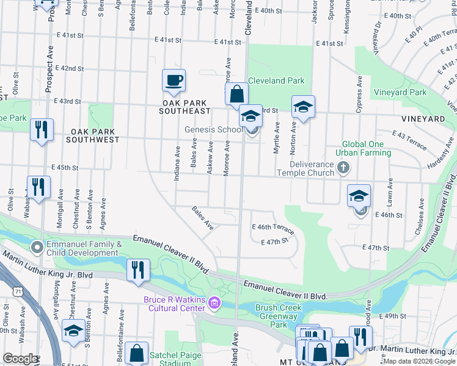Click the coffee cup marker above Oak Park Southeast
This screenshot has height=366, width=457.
coord(174,80)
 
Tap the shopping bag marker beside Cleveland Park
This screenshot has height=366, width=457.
coord(236,95)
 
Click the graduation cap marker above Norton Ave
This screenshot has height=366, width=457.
coord(302,107)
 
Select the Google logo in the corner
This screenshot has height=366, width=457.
coord(20,358)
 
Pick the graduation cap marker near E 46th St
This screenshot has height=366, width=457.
coord(359,196)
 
